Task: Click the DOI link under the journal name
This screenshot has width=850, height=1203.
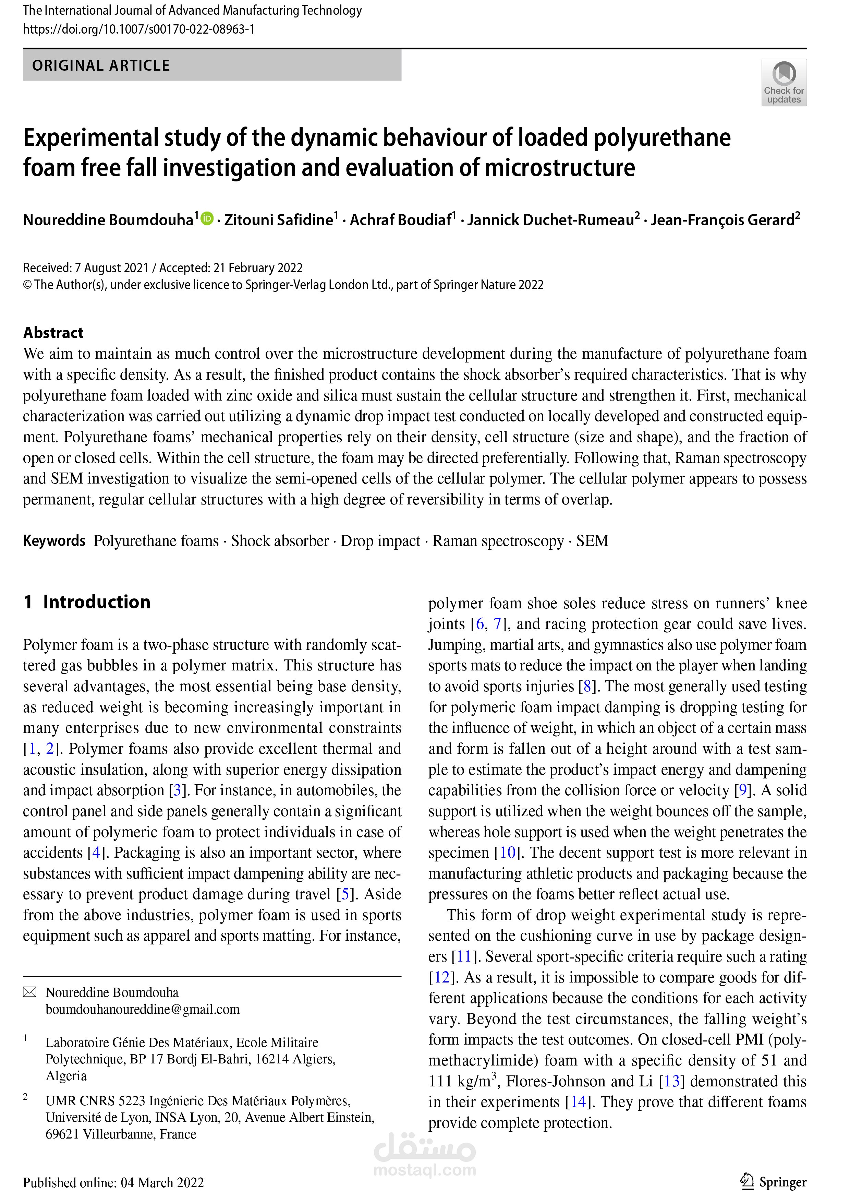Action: pos(139,29)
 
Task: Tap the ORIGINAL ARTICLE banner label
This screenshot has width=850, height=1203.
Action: pos(101,65)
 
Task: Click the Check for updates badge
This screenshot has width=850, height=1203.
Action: pos(784,83)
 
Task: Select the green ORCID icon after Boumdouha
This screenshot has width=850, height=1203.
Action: pos(207,218)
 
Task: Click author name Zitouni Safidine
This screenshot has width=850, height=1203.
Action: pos(279,220)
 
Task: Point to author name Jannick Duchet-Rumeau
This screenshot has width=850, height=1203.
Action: pos(551,220)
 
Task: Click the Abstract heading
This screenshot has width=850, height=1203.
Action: pos(53,333)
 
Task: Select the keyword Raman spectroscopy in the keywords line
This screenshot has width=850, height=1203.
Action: pos(498,541)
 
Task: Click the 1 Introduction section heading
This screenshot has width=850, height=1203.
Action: pos(87,602)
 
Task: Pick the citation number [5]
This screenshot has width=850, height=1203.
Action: pos(344,894)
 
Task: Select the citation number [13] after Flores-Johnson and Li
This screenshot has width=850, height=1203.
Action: pos(672,1081)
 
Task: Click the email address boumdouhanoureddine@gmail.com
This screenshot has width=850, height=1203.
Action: pos(143,1009)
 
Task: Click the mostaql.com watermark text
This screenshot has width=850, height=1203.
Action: pos(425,1170)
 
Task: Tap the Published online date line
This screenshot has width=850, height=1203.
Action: pos(113,1182)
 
